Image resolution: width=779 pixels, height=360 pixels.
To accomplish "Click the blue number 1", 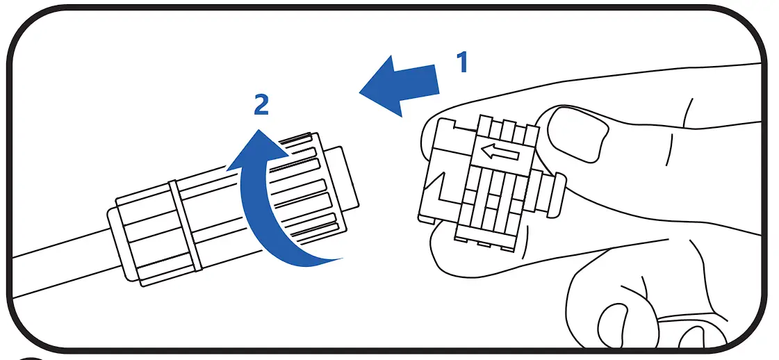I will click(x=461, y=62).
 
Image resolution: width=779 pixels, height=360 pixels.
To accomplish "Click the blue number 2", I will click(x=260, y=105).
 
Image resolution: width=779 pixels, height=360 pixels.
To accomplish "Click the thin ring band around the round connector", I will click(x=185, y=226).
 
